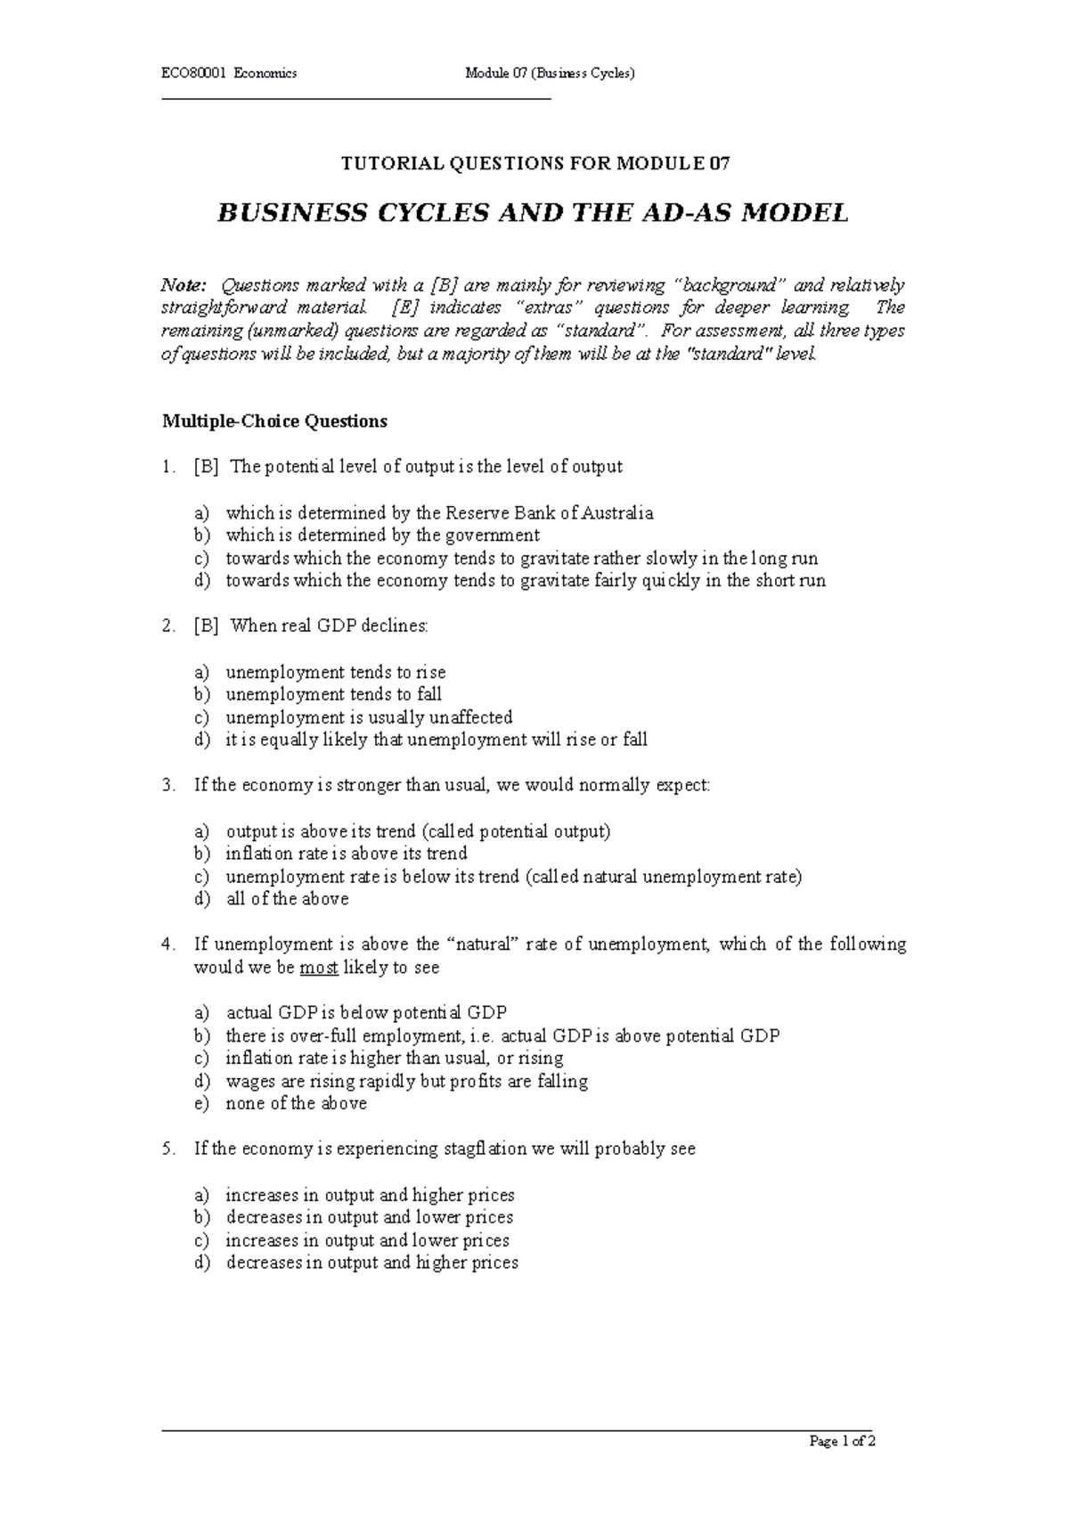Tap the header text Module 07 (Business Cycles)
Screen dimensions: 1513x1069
coord(550,73)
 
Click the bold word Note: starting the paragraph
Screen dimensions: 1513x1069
coord(183,286)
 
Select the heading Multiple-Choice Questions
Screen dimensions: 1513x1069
coord(274,421)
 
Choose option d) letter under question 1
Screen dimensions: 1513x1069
coord(202,581)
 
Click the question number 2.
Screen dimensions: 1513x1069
coord(168,626)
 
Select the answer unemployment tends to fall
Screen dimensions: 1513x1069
coord(333,694)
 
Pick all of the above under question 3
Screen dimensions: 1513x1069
coord(287,899)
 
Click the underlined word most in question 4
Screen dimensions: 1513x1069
coord(319,968)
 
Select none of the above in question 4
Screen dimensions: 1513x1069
coord(296,1104)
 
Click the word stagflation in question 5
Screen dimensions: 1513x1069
coord(485,1149)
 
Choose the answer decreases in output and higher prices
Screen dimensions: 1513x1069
coord(371,1263)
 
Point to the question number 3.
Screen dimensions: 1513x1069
coord(168,786)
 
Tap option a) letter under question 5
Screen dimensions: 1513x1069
coord(202,1195)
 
